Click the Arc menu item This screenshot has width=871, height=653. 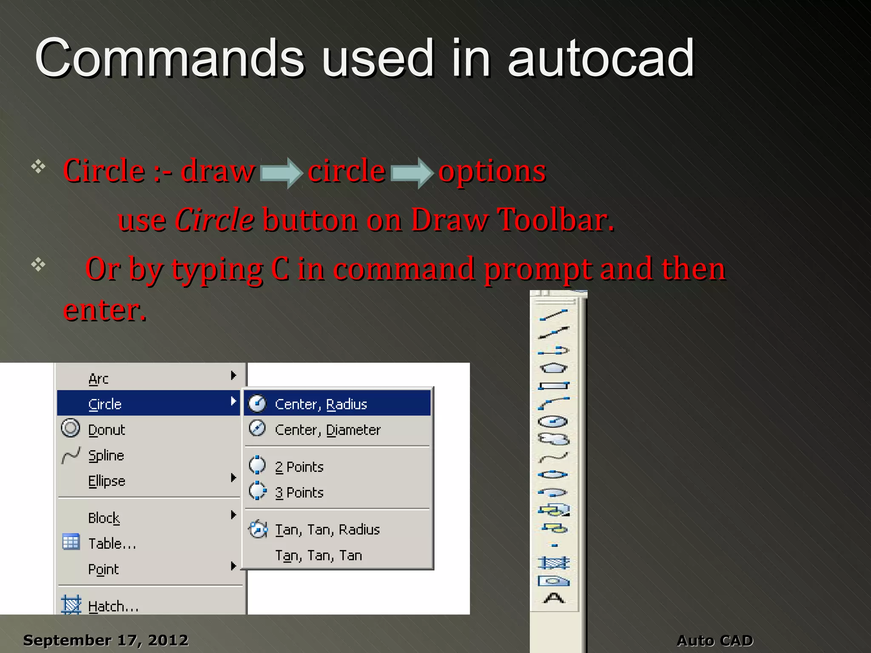tap(99, 378)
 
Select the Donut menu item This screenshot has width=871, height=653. tap(106, 430)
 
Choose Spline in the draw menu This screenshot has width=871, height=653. tap(106, 455)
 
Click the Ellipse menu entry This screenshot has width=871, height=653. tap(107, 481)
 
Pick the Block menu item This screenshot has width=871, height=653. tap(104, 518)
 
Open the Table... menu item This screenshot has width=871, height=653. tap(112, 543)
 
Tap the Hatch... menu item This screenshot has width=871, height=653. tap(113, 606)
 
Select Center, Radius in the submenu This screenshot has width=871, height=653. tap(321, 404)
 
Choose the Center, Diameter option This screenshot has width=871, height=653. tap(327, 430)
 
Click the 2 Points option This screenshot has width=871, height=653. tap(299, 467)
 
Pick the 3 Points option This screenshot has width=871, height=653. tap(299, 492)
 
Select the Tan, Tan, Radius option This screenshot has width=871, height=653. tap(327, 529)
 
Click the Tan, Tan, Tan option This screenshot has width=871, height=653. tap(319, 555)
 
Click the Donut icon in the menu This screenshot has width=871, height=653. tap(71, 428)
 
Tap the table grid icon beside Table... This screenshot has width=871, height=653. tap(71, 542)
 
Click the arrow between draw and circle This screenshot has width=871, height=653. tap(281, 173)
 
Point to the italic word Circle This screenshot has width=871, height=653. tap(215, 220)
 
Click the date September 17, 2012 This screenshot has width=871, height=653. tap(105, 640)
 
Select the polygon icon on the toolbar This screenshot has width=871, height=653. tap(553, 368)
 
